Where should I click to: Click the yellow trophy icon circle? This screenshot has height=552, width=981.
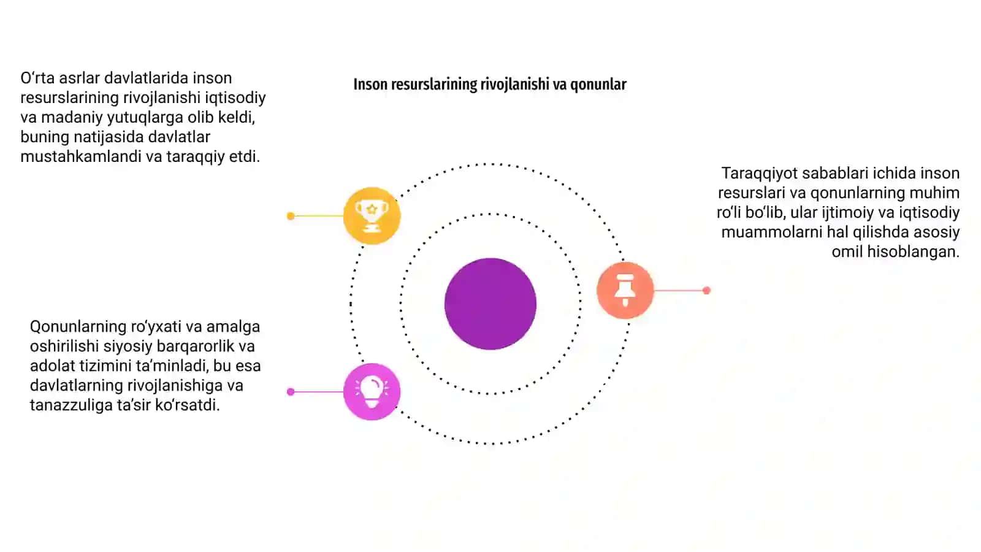pyautogui.click(x=372, y=215)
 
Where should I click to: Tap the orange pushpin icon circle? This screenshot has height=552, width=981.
pyautogui.click(x=625, y=290)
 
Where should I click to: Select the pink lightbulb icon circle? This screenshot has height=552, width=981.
pyautogui.click(x=372, y=392)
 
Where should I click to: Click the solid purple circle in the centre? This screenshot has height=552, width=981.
pyautogui.click(x=490, y=304)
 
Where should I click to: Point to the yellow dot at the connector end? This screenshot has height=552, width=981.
pyautogui.click(x=291, y=216)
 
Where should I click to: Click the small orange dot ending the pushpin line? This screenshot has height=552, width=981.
pyautogui.click(x=706, y=291)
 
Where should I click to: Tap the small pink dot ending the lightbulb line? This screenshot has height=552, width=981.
pyautogui.click(x=291, y=392)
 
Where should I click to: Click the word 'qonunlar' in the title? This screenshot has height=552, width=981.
pyautogui.click(x=598, y=84)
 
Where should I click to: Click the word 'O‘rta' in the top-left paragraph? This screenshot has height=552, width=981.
pyautogui.click(x=37, y=78)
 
